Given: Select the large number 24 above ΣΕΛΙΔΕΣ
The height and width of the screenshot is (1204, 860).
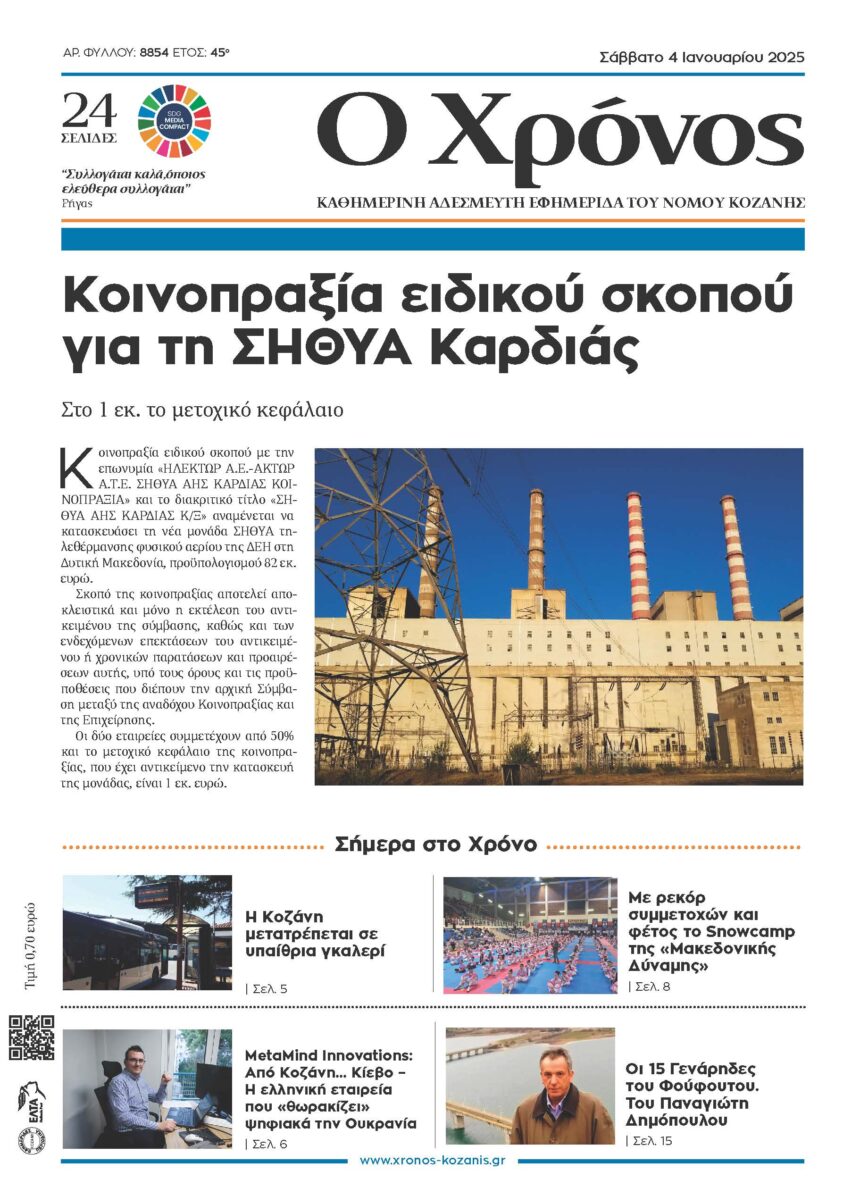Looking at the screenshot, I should pos(88,109).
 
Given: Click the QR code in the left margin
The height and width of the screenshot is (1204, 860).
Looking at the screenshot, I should pos(32,1037).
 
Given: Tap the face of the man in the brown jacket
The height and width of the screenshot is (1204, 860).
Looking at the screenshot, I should pos(552,1069).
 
